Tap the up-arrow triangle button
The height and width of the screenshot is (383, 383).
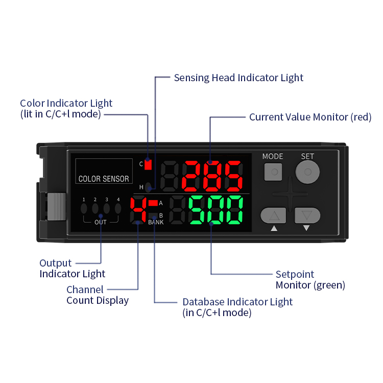tap(274, 216)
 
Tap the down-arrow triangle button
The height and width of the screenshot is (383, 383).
tap(306, 216)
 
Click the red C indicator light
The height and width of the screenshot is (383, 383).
tap(149, 164)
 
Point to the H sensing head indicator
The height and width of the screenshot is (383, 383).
tap(148, 187)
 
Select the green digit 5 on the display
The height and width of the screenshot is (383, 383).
tap(198, 209)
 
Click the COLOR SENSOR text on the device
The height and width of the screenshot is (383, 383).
tap(104, 179)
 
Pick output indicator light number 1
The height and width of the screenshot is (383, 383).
tap(84, 208)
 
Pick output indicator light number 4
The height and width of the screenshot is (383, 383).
tap(118, 208)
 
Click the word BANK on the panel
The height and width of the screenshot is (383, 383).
tap(156, 223)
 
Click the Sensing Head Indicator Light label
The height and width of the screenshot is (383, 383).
tap(238, 78)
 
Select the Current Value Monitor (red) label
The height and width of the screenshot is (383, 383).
tap(310, 117)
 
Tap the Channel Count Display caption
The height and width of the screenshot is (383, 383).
tap(97, 295)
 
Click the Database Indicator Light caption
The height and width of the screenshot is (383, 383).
tap(237, 307)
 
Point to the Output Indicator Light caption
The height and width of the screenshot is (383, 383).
tap(72, 269)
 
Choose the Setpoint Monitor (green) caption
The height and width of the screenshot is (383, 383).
tap(310, 279)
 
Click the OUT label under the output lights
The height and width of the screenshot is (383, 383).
tap(101, 222)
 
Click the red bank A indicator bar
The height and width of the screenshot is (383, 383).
tap(153, 203)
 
